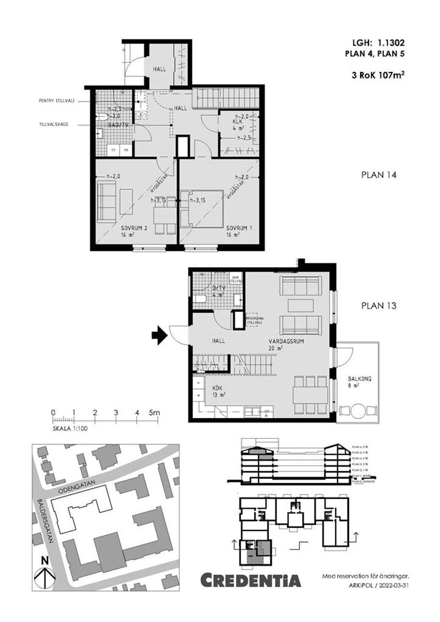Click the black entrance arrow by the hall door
click(159, 335)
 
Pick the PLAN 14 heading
click(378, 175)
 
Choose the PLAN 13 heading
click(378, 306)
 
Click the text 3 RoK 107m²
click(378, 75)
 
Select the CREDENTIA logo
click(251, 580)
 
